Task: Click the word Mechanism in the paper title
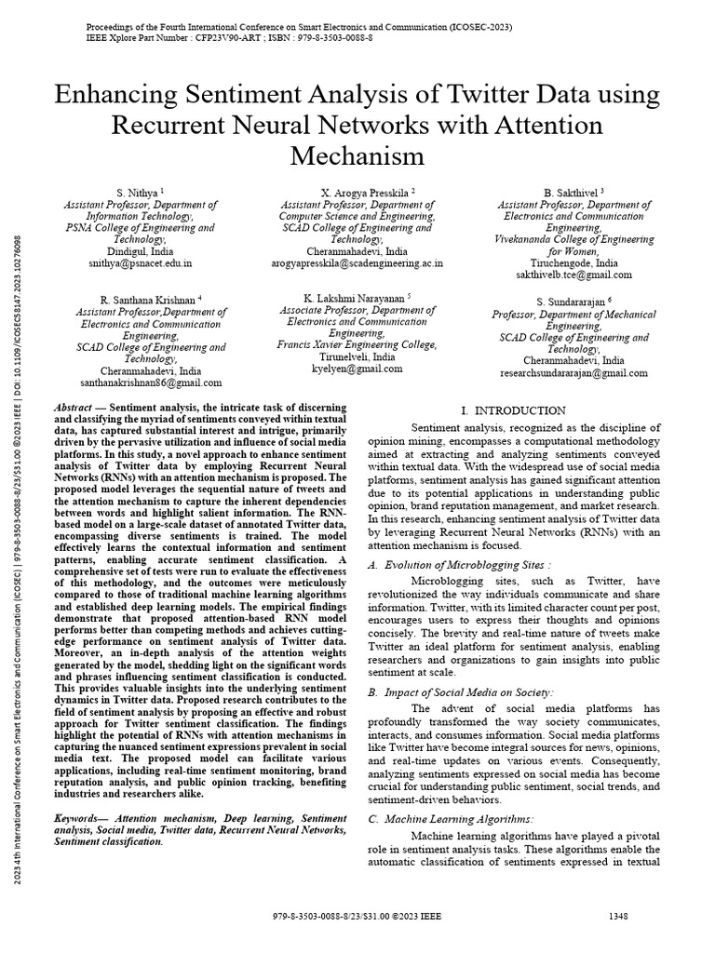tap(357, 154)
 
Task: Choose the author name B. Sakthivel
tap(571, 192)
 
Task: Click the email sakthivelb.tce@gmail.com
tap(574, 275)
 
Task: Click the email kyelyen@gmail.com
tap(357, 369)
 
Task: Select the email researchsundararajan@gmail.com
tap(574, 373)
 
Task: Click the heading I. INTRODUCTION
tap(513, 410)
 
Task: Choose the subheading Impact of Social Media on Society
tap(479, 692)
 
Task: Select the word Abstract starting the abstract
tap(74, 409)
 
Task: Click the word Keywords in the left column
tap(81, 817)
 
